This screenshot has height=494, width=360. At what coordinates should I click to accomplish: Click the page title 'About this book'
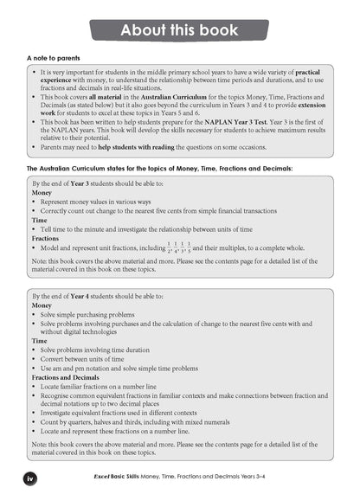[x=180, y=31]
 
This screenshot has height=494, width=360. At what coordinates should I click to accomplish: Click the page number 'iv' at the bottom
[x=29, y=476]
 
